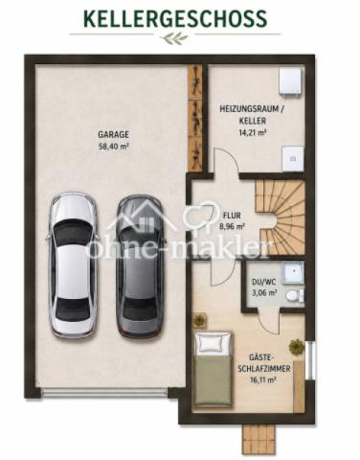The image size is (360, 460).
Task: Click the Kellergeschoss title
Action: pyautogui.click(x=175, y=18)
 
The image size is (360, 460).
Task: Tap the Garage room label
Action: pyautogui.click(x=113, y=134)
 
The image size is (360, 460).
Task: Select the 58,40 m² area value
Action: pyautogui.click(x=113, y=147)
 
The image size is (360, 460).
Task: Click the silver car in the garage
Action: pyautogui.click(x=72, y=264)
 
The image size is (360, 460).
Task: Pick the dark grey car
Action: pyautogui.click(x=140, y=265)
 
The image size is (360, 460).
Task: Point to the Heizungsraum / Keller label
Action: pyautogui.click(x=252, y=115)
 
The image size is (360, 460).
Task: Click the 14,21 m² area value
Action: pyautogui.click(x=253, y=133)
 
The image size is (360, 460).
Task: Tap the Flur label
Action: pyautogui.click(x=232, y=216)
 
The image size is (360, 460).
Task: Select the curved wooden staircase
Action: pyautogui.click(x=281, y=218)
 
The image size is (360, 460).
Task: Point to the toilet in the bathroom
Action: pyautogui.click(x=295, y=295)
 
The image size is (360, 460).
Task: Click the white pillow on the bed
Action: pyautogui.click(x=213, y=343)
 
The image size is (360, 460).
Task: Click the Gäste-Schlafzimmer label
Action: pyautogui.click(x=264, y=363)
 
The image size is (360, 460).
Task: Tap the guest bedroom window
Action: pyautogui.click(x=310, y=360)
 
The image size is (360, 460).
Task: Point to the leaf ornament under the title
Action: pyautogui.click(x=174, y=38)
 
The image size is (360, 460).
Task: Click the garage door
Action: pyautogui.click(x=104, y=392)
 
